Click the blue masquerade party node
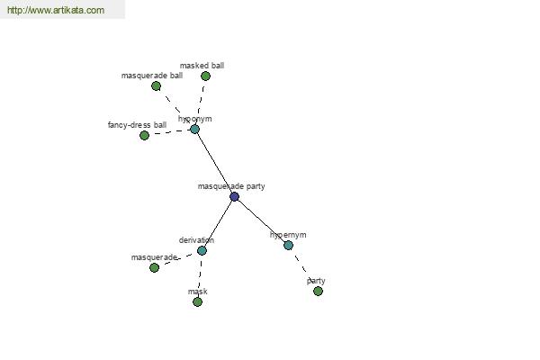(234, 197)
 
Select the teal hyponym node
(194, 130)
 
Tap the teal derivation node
(202, 250)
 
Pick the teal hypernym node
(288, 245)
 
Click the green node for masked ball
(205, 76)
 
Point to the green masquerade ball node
(156, 85)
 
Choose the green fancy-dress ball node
(144, 135)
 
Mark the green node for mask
(197, 301)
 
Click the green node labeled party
(318, 291)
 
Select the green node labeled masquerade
(154, 267)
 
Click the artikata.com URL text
(56, 10)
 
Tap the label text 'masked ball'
(202, 66)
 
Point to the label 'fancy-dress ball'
(137, 125)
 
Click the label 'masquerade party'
(231, 186)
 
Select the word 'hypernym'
(288, 235)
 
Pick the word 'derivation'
(196, 240)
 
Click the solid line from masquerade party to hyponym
(214, 163)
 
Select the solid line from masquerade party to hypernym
(261, 220)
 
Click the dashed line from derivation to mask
(200, 274)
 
